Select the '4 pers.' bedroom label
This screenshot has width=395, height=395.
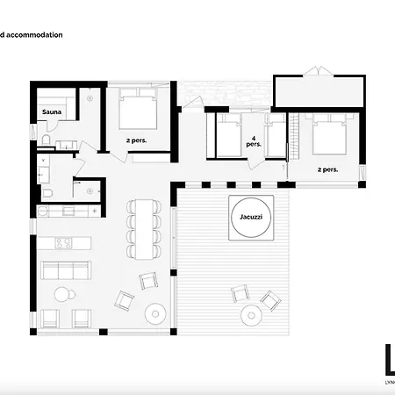point(255,142)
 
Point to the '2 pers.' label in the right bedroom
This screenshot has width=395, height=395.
point(327,169)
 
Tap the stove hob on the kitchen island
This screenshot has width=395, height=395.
point(64,243)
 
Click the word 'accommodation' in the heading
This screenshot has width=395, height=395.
point(36,35)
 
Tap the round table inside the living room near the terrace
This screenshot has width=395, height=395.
point(156,311)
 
